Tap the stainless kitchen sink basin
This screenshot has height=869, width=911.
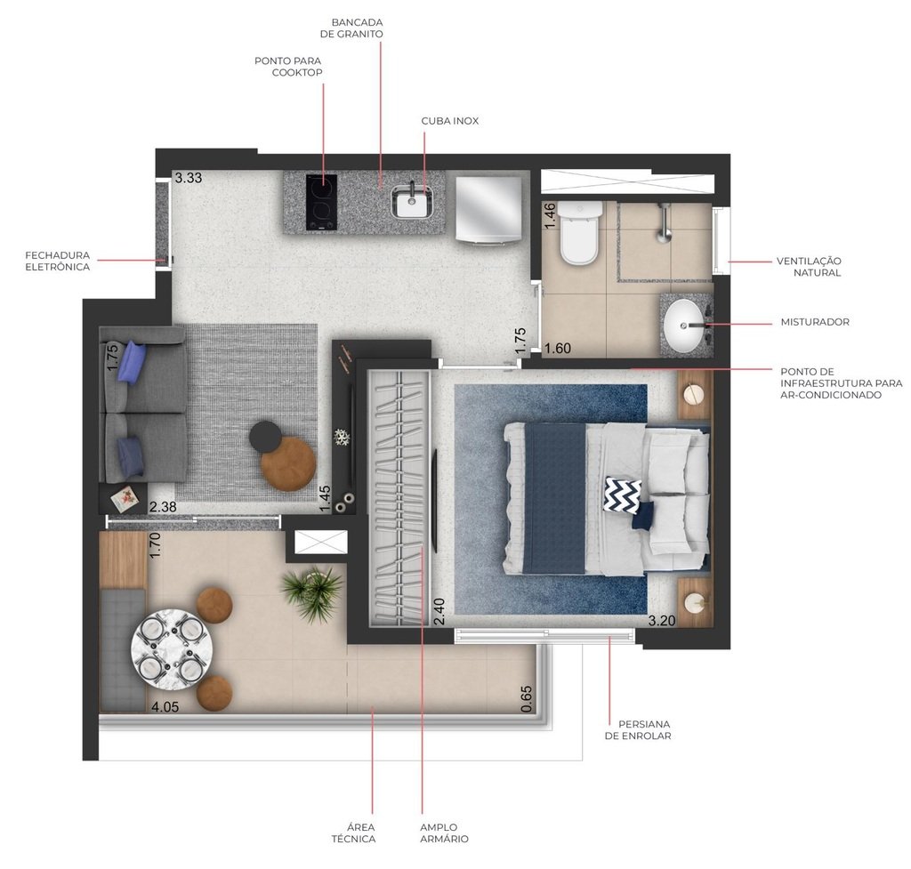pos(412,202)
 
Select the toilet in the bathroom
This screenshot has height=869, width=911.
pos(579,233)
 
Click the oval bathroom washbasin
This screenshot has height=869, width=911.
pos(687,326)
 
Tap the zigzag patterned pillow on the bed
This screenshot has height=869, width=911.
pos(622,495)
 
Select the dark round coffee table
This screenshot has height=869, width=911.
pos(265,436)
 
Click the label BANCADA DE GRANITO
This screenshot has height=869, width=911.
pos(357,28)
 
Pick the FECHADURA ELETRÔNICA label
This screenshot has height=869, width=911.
pos(58,261)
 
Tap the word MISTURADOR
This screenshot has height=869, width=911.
pos(814,322)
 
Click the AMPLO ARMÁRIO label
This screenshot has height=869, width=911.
pos(444,833)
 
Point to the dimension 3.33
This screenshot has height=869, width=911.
pos(189,178)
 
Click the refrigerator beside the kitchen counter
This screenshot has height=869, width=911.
pos(488,207)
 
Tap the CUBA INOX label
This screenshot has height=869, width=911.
pos(449,121)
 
